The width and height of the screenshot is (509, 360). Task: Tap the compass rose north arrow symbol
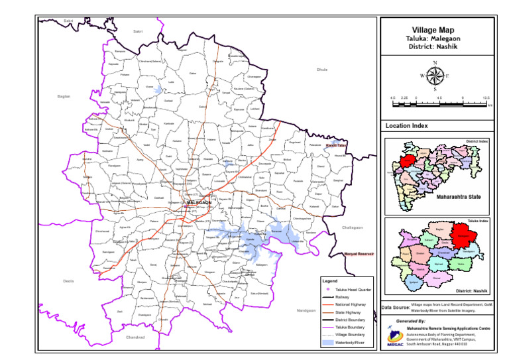pyautogui.click(x=435, y=75)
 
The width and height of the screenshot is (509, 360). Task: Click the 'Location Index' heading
pyautogui.click(x=406, y=126)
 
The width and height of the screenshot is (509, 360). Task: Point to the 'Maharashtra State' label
pyautogui.click(x=458, y=197)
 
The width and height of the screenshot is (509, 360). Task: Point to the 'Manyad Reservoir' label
pyautogui.click(x=359, y=254)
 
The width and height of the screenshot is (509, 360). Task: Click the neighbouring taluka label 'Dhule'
pyautogui.click(x=322, y=69)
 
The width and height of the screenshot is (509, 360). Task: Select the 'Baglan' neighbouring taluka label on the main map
pyautogui.click(x=64, y=96)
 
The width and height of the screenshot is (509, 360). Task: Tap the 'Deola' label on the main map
pyautogui.click(x=68, y=281)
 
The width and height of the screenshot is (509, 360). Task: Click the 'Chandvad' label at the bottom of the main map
pyautogui.click(x=135, y=337)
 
